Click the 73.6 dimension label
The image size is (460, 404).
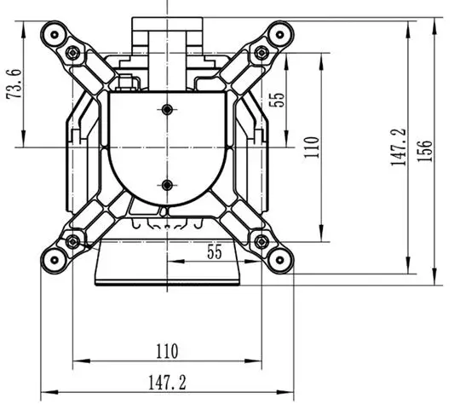(14, 84)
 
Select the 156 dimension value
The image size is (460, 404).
(424, 151)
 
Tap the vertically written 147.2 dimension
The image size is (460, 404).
(398, 147)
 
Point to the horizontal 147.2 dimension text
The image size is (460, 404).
(167, 383)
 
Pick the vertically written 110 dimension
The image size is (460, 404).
(311, 147)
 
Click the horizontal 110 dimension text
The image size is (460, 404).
(167, 351)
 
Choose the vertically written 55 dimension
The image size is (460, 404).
(277, 100)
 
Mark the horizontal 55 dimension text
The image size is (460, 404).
(215, 251)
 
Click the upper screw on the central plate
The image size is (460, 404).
(167, 110)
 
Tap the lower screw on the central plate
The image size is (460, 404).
(167, 185)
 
